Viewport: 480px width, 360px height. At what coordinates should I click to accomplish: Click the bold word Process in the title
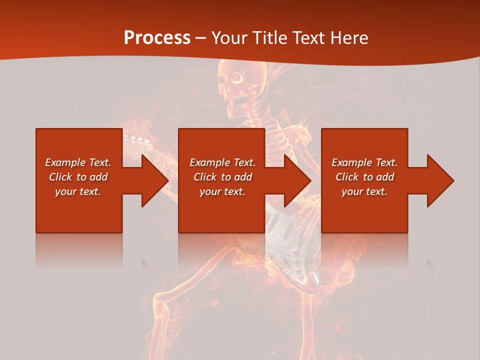(x=157, y=38)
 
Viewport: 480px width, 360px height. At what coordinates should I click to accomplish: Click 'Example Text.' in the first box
(x=78, y=162)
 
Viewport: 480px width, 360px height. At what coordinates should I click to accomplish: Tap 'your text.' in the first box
(x=78, y=191)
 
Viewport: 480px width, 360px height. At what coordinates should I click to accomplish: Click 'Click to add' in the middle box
(x=222, y=177)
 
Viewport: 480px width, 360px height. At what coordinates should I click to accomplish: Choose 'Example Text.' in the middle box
(x=222, y=162)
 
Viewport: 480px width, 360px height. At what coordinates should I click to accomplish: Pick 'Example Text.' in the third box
(x=364, y=162)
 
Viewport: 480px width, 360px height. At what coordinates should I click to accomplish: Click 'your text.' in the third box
(x=364, y=191)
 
